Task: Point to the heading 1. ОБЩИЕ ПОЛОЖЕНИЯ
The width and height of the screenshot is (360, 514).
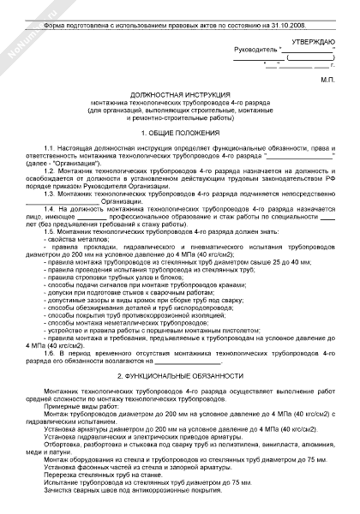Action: (x=179, y=134)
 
